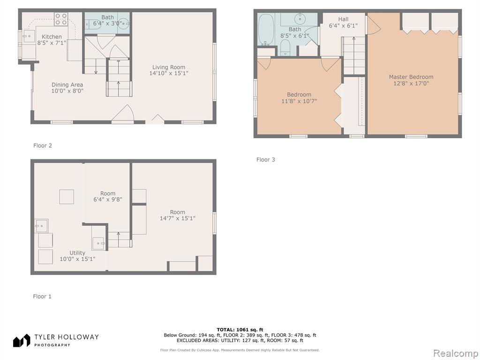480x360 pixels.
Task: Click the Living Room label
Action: [169, 67]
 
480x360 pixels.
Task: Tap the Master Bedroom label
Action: [411, 77]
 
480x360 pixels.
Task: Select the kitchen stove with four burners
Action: [61, 19]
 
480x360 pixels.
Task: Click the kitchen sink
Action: [29, 36]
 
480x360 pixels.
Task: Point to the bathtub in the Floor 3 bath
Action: [266, 30]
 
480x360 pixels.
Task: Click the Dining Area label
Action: [67, 85]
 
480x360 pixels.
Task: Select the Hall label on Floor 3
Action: [343, 19]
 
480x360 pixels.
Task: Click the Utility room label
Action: [77, 253]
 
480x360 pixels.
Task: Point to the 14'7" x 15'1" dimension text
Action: [178, 218]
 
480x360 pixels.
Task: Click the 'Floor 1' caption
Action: [42, 296]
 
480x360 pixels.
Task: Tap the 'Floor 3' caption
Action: [266, 159]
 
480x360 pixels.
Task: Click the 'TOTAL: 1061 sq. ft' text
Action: [240, 330]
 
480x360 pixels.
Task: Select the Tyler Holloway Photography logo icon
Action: [22, 340]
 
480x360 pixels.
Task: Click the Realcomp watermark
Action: [456, 353]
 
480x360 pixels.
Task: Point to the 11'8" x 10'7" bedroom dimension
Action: [299, 101]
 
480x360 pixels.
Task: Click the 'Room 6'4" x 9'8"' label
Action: [108, 196]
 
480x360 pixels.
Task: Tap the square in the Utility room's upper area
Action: [67, 196]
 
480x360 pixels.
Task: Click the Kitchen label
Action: [52, 37]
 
